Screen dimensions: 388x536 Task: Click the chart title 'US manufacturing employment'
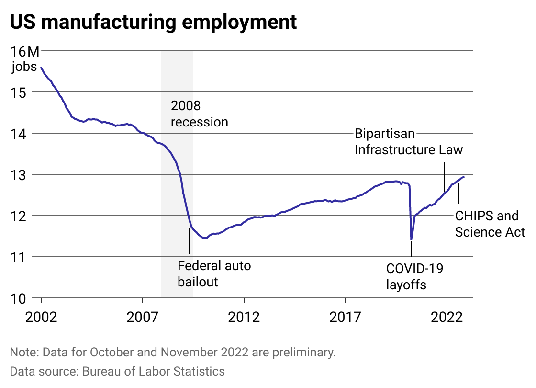tap(153, 23)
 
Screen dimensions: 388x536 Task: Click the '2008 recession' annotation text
tap(199, 114)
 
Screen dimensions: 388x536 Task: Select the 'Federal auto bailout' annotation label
tap(214, 274)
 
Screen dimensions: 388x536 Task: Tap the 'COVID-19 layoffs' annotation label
tap(414, 276)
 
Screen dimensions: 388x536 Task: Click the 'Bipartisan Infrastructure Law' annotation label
tap(408, 141)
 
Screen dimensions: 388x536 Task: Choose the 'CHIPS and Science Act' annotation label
tap(490, 224)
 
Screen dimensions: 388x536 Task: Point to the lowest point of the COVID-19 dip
tap(411, 239)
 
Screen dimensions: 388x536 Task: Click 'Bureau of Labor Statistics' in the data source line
tap(153, 371)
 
